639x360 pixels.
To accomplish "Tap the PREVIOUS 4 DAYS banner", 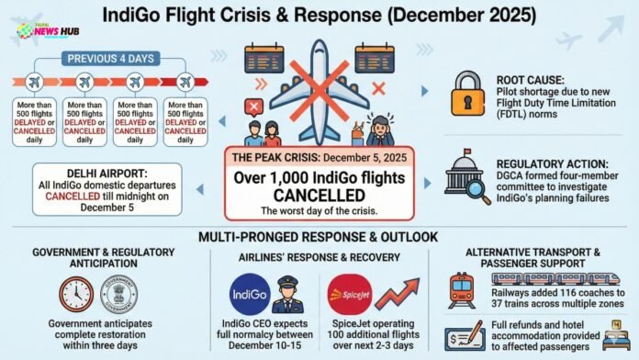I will click(108, 60).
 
